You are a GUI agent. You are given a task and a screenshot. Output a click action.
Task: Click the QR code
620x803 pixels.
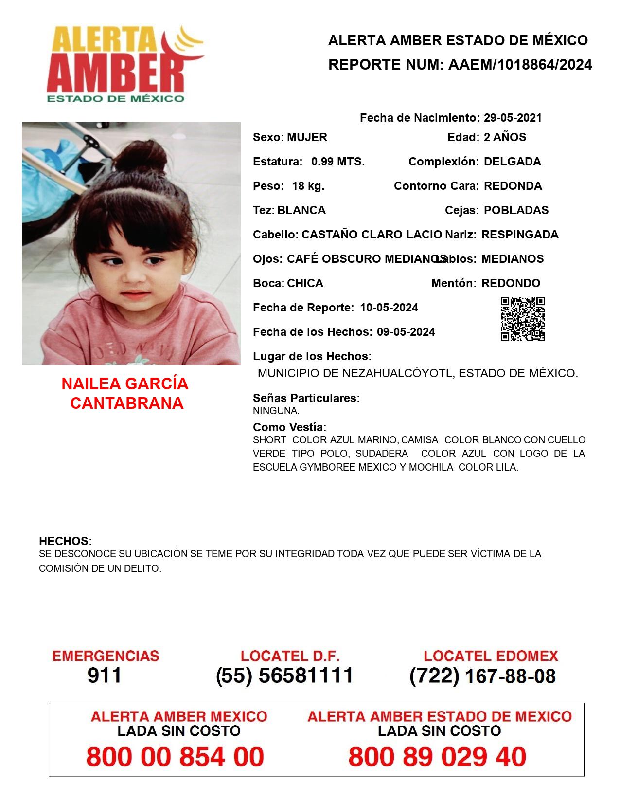(x=522, y=319)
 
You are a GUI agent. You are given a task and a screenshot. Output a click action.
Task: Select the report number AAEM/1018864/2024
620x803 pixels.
(x=520, y=65)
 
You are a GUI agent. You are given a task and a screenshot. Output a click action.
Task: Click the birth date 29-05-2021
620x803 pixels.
(x=513, y=118)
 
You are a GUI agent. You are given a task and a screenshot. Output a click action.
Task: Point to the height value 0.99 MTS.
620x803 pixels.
(x=338, y=162)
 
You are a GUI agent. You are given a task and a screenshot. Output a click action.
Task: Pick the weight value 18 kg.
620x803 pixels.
(x=308, y=186)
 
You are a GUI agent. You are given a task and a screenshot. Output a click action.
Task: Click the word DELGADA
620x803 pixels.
(x=513, y=162)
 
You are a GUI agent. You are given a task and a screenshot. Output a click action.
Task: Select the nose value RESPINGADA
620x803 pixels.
(x=520, y=235)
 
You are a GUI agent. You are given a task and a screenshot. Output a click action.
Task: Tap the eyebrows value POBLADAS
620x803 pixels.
(x=516, y=210)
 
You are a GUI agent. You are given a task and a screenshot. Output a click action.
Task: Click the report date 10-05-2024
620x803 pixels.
(x=389, y=308)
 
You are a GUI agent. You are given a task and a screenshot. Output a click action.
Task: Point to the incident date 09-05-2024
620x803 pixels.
(x=406, y=332)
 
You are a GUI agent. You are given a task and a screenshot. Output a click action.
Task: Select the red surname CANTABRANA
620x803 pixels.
(x=126, y=403)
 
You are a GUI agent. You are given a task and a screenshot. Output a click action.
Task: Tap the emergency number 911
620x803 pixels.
(x=105, y=675)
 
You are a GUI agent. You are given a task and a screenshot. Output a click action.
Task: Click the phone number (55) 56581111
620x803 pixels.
(x=285, y=675)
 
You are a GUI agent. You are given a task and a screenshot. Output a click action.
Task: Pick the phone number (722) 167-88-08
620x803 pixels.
(x=482, y=675)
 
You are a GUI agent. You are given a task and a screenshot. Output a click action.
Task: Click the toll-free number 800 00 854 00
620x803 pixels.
(x=175, y=757)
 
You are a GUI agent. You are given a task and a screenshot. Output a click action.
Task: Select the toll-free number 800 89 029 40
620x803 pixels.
(x=437, y=757)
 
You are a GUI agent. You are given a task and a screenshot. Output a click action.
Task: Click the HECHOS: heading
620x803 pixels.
(x=65, y=541)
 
